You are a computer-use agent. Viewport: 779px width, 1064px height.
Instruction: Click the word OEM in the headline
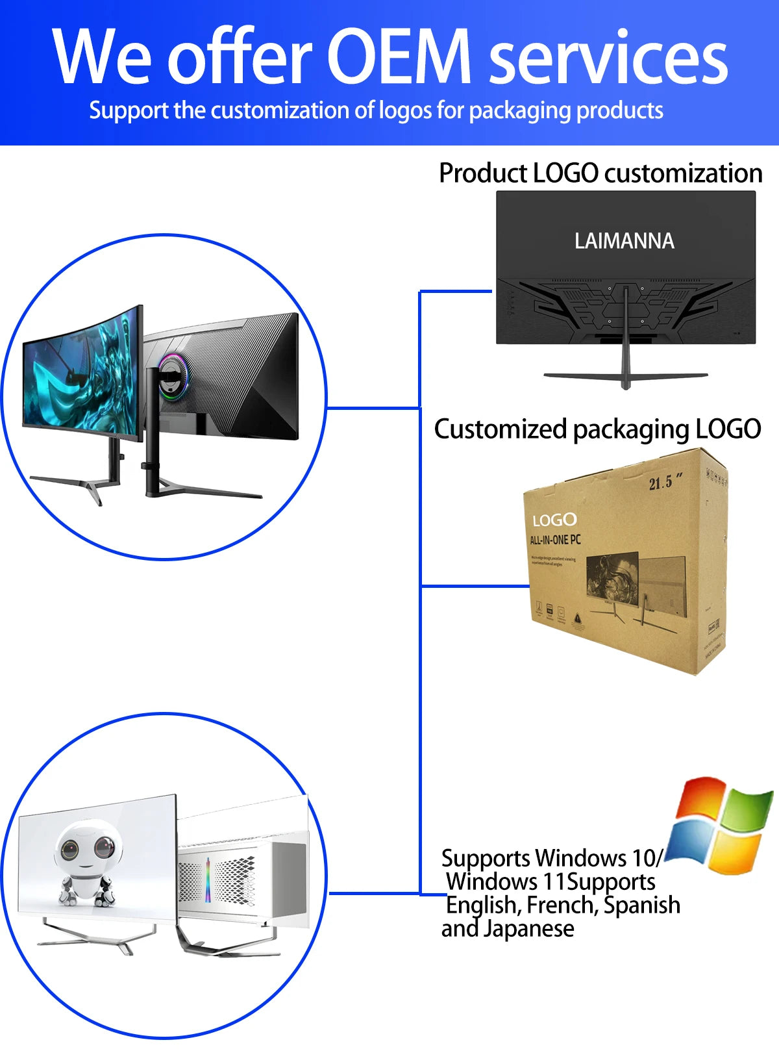398,57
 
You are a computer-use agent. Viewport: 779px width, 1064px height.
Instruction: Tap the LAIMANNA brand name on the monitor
624,241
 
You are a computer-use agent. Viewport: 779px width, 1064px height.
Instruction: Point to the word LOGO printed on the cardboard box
554,520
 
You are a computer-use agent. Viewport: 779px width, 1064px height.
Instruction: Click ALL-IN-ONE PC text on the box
555,540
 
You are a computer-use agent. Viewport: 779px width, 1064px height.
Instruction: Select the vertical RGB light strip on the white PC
208,880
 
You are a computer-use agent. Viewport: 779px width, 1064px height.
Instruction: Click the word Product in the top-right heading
483,173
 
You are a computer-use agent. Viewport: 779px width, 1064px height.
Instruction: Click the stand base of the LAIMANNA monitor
626,377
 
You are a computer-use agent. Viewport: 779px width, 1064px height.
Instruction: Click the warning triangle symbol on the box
577,617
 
